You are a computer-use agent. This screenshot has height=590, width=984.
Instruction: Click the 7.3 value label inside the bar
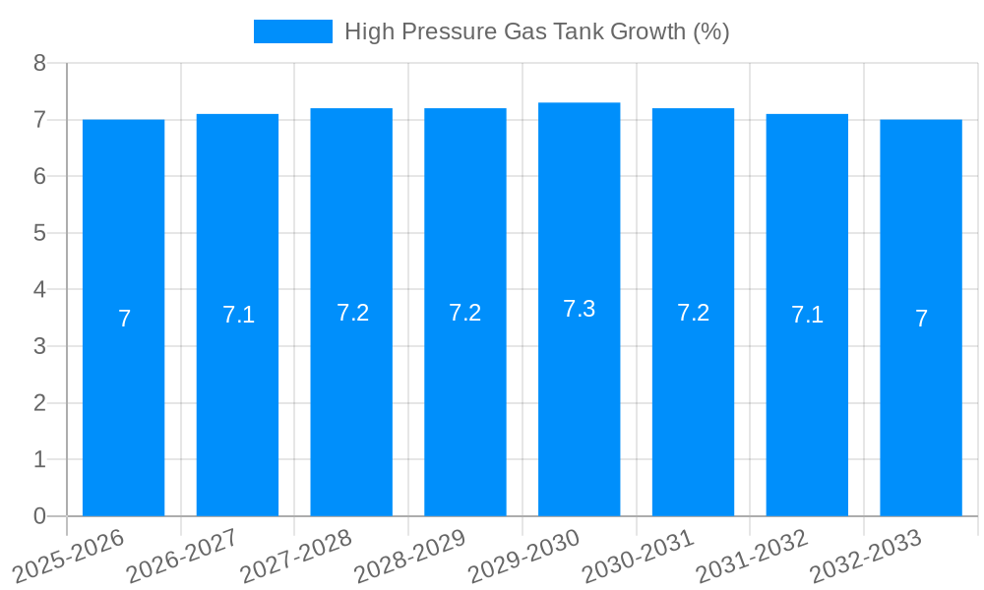click(579, 309)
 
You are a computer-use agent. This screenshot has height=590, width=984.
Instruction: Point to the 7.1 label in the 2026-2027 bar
click(238, 315)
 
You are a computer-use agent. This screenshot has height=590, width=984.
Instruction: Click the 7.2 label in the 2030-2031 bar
click(693, 313)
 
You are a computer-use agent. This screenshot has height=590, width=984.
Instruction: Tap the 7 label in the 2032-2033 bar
click(921, 319)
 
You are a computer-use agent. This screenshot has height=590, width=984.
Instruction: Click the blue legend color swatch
click(292, 31)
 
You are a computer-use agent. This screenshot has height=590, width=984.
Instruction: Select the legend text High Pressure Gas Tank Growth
click(536, 31)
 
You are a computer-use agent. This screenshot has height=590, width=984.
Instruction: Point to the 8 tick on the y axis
click(39, 63)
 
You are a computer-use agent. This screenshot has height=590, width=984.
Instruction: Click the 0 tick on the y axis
click(39, 516)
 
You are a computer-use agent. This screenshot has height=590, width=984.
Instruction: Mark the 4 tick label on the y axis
click(39, 290)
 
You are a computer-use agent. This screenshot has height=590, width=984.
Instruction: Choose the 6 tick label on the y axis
click(39, 176)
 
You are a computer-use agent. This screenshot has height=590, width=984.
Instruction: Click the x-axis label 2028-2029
click(409, 557)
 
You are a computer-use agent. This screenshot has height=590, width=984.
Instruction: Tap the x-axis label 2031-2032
click(752, 557)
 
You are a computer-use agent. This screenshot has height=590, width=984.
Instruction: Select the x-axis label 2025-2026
click(68, 557)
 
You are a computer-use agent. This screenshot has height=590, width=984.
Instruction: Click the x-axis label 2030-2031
click(638, 557)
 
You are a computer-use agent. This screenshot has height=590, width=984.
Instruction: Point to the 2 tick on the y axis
click(39, 403)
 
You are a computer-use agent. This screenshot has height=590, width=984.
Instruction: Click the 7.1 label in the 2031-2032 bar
click(807, 315)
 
